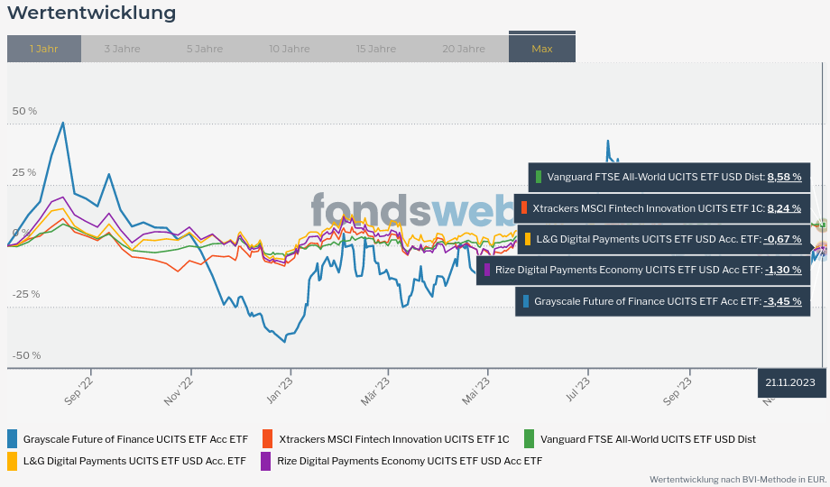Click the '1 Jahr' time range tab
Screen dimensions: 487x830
(x=43, y=49)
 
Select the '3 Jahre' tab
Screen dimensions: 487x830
(x=122, y=49)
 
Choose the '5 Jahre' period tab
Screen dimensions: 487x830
(x=205, y=49)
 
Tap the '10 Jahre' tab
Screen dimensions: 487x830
(x=289, y=49)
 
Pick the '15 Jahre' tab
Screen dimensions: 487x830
(x=375, y=49)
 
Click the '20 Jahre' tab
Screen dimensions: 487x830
(x=464, y=49)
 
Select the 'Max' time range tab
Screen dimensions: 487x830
(x=541, y=49)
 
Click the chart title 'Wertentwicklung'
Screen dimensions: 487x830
(x=91, y=14)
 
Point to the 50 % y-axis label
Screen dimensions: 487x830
(x=24, y=111)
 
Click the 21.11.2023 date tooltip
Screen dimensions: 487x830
(x=790, y=382)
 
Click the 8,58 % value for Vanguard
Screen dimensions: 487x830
(x=784, y=178)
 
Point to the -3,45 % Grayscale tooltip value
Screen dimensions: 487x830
(x=782, y=301)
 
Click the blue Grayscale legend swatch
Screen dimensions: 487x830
(x=13, y=439)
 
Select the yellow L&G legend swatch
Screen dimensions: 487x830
(x=13, y=461)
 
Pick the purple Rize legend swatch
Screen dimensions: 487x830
(x=266, y=461)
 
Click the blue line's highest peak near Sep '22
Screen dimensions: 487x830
(x=62, y=123)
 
